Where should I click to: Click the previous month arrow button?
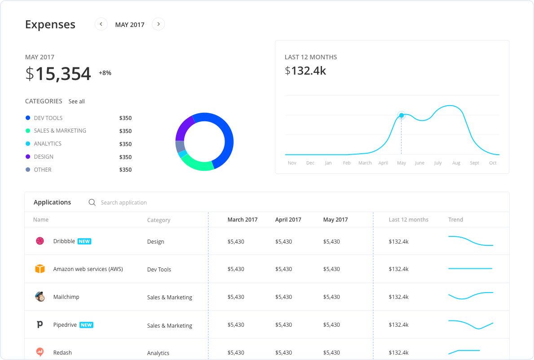pos(101,24)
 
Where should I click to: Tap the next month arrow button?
pos(158,24)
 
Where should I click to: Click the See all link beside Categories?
pos(76,102)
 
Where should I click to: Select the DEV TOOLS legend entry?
pos(48,118)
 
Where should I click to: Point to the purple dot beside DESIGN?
pos(28,157)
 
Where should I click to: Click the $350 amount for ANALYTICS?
pos(125,144)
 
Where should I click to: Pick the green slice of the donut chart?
pos(198,164)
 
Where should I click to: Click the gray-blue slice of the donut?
pos(180,147)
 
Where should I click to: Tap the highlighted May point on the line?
pos(402,116)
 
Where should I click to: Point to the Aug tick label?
pos(456,163)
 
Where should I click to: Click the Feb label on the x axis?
pos(347,163)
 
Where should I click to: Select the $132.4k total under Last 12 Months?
pos(305,71)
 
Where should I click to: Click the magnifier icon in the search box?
pos(92,203)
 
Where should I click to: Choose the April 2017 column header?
pos(288,220)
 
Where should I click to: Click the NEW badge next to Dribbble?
pos(84,241)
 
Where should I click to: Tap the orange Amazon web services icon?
pos(40,269)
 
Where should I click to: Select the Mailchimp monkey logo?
pos(40,297)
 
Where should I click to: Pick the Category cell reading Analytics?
pos(158,353)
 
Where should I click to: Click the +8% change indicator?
pos(105,73)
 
